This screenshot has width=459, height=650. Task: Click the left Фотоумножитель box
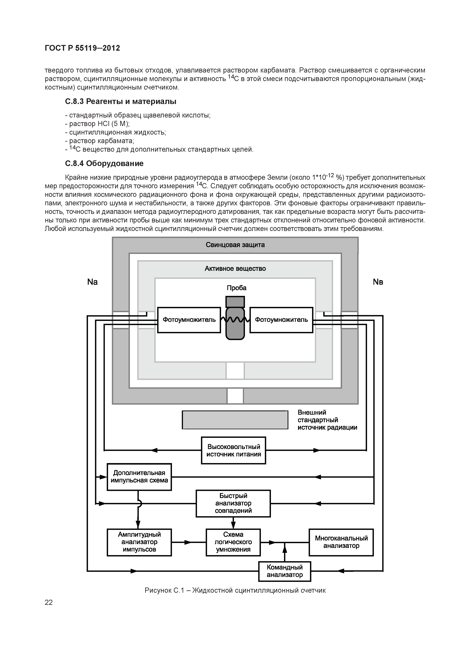[x=189, y=320]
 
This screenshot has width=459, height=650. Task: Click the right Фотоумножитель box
[x=281, y=320]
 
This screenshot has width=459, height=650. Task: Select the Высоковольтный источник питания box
[x=233, y=450]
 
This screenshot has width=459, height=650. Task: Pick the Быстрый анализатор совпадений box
[x=233, y=503]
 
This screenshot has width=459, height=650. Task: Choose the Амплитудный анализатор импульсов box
[x=139, y=542]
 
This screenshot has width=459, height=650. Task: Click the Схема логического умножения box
[x=233, y=542]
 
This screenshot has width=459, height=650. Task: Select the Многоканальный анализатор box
[x=341, y=542]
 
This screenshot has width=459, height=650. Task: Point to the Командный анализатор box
[x=285, y=571]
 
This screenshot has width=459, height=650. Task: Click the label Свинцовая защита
[x=235, y=245]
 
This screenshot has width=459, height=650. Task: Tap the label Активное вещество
[x=235, y=268]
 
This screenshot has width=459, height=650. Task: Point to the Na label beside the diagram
[x=93, y=282]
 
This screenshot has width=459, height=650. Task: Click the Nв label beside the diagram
[x=378, y=282]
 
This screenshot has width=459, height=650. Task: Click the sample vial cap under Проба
[x=235, y=302]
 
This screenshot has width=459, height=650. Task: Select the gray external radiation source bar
[x=235, y=420]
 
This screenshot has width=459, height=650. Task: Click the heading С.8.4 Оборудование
[x=104, y=163]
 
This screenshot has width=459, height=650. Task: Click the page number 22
[x=49, y=602]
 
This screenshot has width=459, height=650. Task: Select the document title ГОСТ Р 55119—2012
[x=82, y=48]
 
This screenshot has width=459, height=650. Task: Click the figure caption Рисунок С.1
[x=235, y=590]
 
